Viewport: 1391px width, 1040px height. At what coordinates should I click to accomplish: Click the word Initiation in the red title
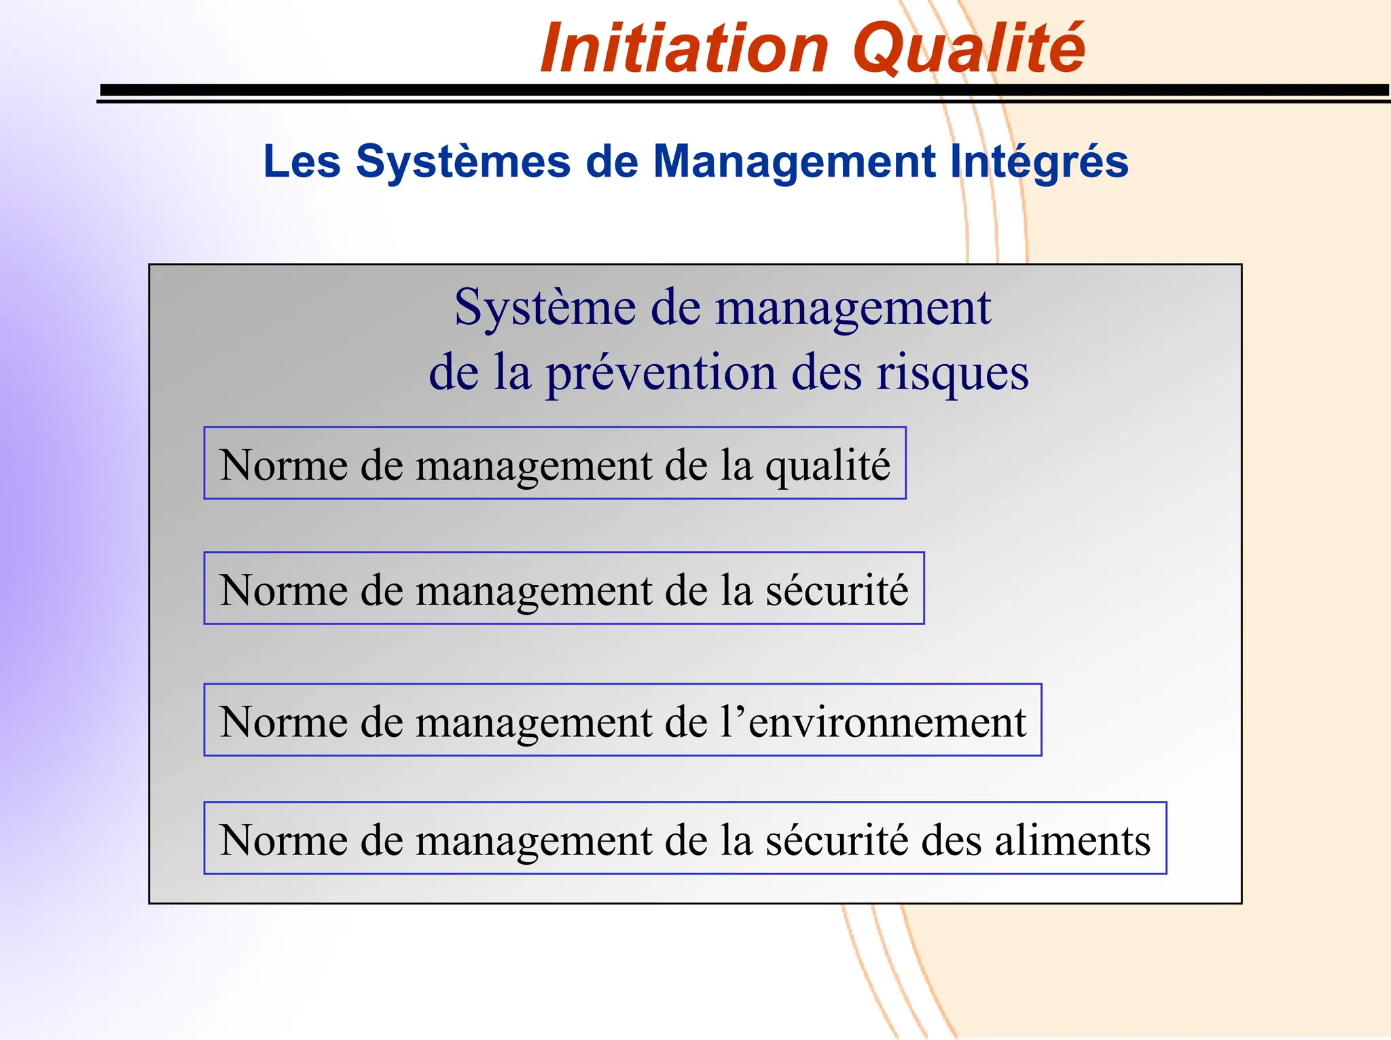tap(685, 49)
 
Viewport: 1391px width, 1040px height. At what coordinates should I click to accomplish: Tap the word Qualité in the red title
tap(969, 49)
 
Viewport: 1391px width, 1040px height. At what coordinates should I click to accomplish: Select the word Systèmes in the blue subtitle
tap(463, 162)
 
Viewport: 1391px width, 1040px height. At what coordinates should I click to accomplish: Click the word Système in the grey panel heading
tap(545, 308)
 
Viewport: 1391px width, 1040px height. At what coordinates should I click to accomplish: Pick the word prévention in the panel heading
tap(661, 373)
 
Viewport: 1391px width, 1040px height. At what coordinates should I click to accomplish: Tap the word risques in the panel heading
tap(952, 373)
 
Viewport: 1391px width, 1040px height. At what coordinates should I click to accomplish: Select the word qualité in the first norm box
tap(827, 466)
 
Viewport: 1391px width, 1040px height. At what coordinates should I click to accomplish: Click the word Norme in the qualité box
tap(284, 466)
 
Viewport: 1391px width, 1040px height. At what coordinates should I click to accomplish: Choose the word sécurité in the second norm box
tap(837, 590)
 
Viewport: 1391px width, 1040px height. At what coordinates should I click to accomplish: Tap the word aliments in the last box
tap(1072, 840)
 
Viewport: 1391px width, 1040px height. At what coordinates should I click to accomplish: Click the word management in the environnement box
tap(534, 721)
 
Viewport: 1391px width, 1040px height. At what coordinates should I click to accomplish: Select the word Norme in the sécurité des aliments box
tap(284, 840)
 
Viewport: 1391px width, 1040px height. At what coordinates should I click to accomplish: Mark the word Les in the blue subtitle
tap(302, 162)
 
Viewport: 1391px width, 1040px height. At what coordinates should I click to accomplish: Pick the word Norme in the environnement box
tap(284, 721)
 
